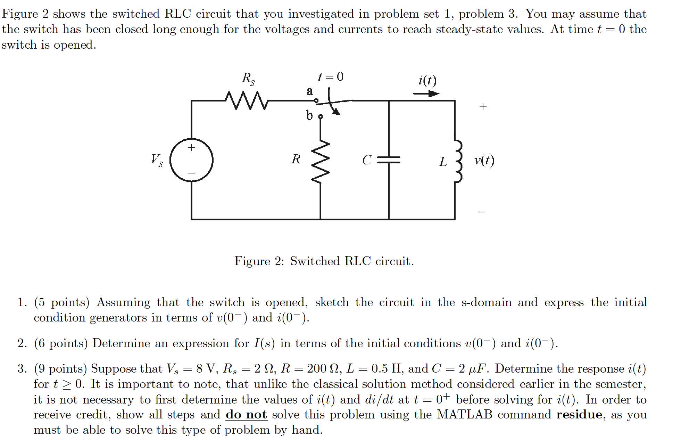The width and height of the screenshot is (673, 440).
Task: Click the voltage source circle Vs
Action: [191, 160]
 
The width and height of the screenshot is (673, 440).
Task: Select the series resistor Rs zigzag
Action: [247, 100]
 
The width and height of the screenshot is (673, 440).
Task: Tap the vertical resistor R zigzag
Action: [321, 162]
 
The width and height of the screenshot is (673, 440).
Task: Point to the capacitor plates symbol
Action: [389, 160]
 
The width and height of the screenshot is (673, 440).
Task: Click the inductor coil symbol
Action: [458, 161]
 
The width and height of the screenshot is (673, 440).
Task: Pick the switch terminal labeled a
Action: [316, 101]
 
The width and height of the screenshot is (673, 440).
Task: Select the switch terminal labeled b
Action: [321, 116]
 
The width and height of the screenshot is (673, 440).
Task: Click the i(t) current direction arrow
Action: [426, 93]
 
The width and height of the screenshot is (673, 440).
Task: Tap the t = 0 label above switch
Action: [331, 76]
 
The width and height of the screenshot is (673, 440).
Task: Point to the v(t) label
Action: [484, 161]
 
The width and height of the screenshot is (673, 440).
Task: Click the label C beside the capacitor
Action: [367, 160]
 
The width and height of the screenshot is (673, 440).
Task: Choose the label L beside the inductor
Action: [443, 162]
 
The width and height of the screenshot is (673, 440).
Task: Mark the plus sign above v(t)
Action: [483, 107]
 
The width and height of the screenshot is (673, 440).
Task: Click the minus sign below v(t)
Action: [482, 212]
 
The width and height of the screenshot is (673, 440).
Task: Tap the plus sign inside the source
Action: [191, 147]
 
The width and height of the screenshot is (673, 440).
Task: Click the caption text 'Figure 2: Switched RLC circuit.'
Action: [324, 261]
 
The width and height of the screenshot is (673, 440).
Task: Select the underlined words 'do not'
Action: [246, 415]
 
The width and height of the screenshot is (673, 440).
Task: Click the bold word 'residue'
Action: [579, 415]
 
